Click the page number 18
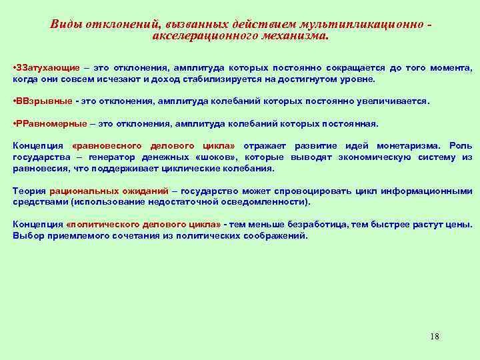[x=435, y=336]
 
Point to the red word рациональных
[x=82, y=190]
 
